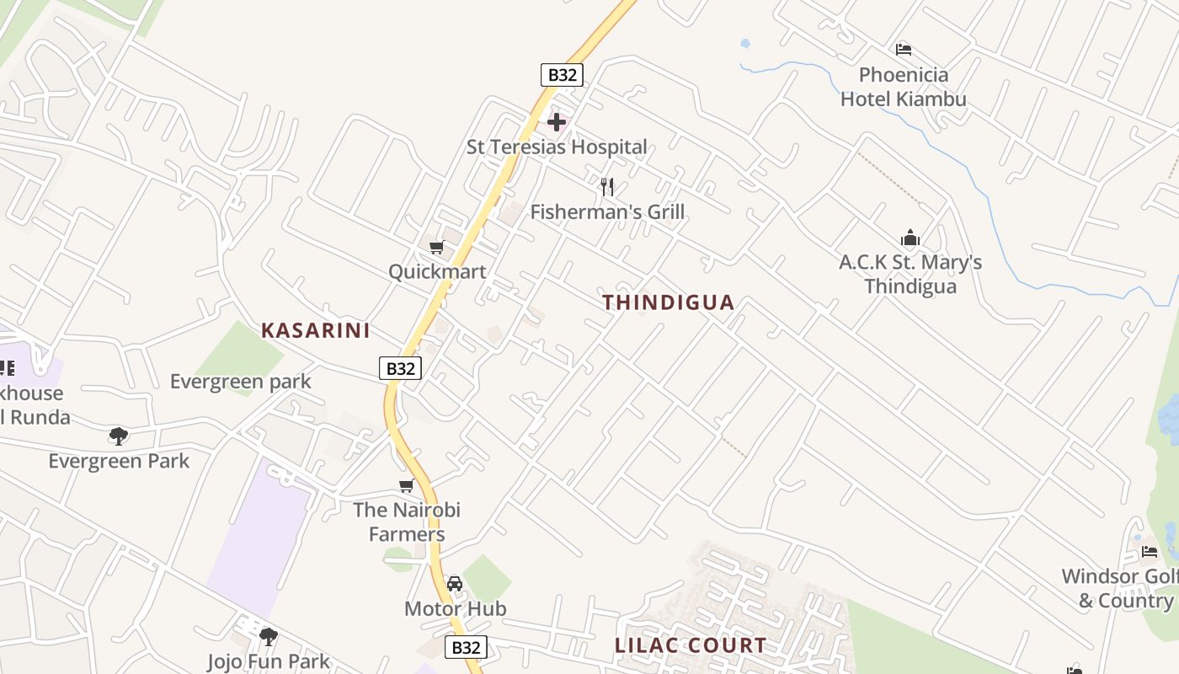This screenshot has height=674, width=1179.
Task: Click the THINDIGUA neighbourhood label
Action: tap(669, 302)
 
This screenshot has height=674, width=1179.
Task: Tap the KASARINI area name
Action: tap(316, 330)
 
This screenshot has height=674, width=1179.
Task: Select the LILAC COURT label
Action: tap(691, 646)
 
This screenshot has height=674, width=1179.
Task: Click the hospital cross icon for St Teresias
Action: tap(557, 122)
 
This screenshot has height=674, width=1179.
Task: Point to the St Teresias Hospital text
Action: tap(557, 147)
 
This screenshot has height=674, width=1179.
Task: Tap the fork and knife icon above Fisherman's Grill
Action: tap(606, 187)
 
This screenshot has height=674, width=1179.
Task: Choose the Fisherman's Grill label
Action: tap(607, 212)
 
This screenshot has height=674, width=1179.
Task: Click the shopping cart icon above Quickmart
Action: tap(436, 247)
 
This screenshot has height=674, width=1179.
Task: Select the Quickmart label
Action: tap(437, 272)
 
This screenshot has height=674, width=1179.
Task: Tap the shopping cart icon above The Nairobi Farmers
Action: tap(407, 485)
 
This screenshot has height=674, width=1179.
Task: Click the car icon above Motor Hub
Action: tap(455, 583)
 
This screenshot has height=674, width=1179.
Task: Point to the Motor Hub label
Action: tap(456, 608)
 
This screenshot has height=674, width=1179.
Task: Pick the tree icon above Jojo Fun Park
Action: tap(269, 636)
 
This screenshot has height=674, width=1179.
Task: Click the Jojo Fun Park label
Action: tap(269, 661)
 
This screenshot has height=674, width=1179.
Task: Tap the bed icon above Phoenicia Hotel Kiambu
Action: tap(904, 49)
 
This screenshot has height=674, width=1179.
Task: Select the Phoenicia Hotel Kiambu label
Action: tap(904, 88)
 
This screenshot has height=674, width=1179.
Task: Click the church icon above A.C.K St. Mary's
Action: tap(910, 238)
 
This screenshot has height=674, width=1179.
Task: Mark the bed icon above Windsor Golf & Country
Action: tap(1150, 552)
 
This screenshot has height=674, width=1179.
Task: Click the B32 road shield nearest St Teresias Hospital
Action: tap(562, 75)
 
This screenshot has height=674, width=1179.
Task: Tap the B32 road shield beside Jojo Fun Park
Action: tap(466, 647)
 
